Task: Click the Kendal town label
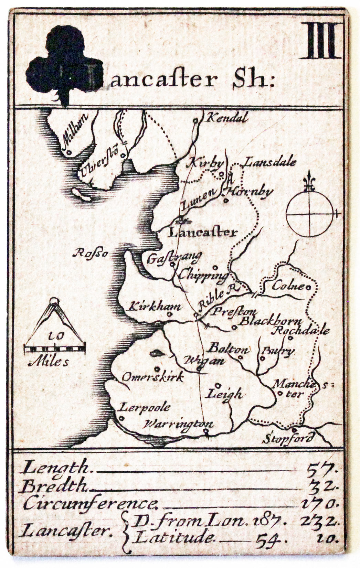[x=226, y=118]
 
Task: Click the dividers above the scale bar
[x=54, y=318]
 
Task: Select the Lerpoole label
[x=145, y=408]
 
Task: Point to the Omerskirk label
[x=152, y=377]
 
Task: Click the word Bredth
[x=54, y=486]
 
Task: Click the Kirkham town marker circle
[x=170, y=314]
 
